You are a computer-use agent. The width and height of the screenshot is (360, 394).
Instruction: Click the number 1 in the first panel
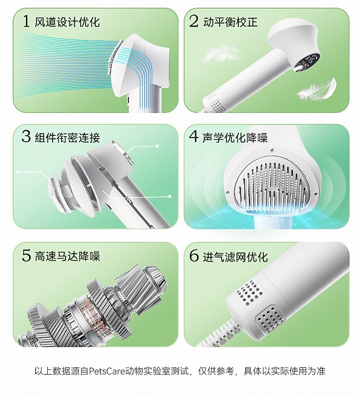click(26, 21)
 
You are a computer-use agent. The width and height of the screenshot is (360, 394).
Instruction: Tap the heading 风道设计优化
click(67, 22)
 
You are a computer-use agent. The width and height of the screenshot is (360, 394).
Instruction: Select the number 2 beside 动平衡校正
click(194, 21)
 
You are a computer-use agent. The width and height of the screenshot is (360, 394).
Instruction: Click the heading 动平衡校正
click(230, 22)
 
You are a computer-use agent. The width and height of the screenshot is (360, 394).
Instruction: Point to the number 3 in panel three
click(26, 137)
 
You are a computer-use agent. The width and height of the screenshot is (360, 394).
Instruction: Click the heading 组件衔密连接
click(67, 138)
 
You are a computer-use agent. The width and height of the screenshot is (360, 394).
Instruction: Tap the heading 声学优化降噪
click(235, 138)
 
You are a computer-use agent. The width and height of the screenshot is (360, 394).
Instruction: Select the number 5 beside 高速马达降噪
click(26, 256)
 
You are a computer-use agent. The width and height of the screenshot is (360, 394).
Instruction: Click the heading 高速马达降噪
click(67, 256)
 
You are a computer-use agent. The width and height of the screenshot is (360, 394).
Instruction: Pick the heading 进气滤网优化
click(235, 256)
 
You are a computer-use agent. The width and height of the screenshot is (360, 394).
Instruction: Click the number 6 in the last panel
click(194, 256)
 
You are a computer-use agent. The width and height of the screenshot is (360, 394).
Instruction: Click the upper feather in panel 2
click(220, 53)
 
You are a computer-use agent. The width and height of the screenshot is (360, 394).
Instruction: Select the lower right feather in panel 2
click(317, 89)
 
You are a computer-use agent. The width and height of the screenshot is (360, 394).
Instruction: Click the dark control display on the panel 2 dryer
click(305, 63)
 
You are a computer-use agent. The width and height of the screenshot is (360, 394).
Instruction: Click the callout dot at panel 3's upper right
click(157, 146)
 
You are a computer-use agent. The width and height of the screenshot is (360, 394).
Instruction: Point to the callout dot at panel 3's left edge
click(18, 172)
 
